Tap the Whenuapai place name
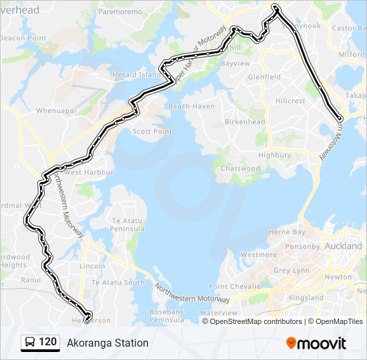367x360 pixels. point(57,110)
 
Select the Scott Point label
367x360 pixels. point(152,131)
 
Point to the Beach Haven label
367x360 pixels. point(192,106)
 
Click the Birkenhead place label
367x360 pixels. point(245,122)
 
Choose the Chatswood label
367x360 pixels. point(240,169)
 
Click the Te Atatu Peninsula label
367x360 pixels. point(129,224)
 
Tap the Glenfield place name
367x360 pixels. point(264,77)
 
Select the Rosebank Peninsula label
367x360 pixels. point(166,315)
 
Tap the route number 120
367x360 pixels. point(47,342)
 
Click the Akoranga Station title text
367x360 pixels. point(107,343)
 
